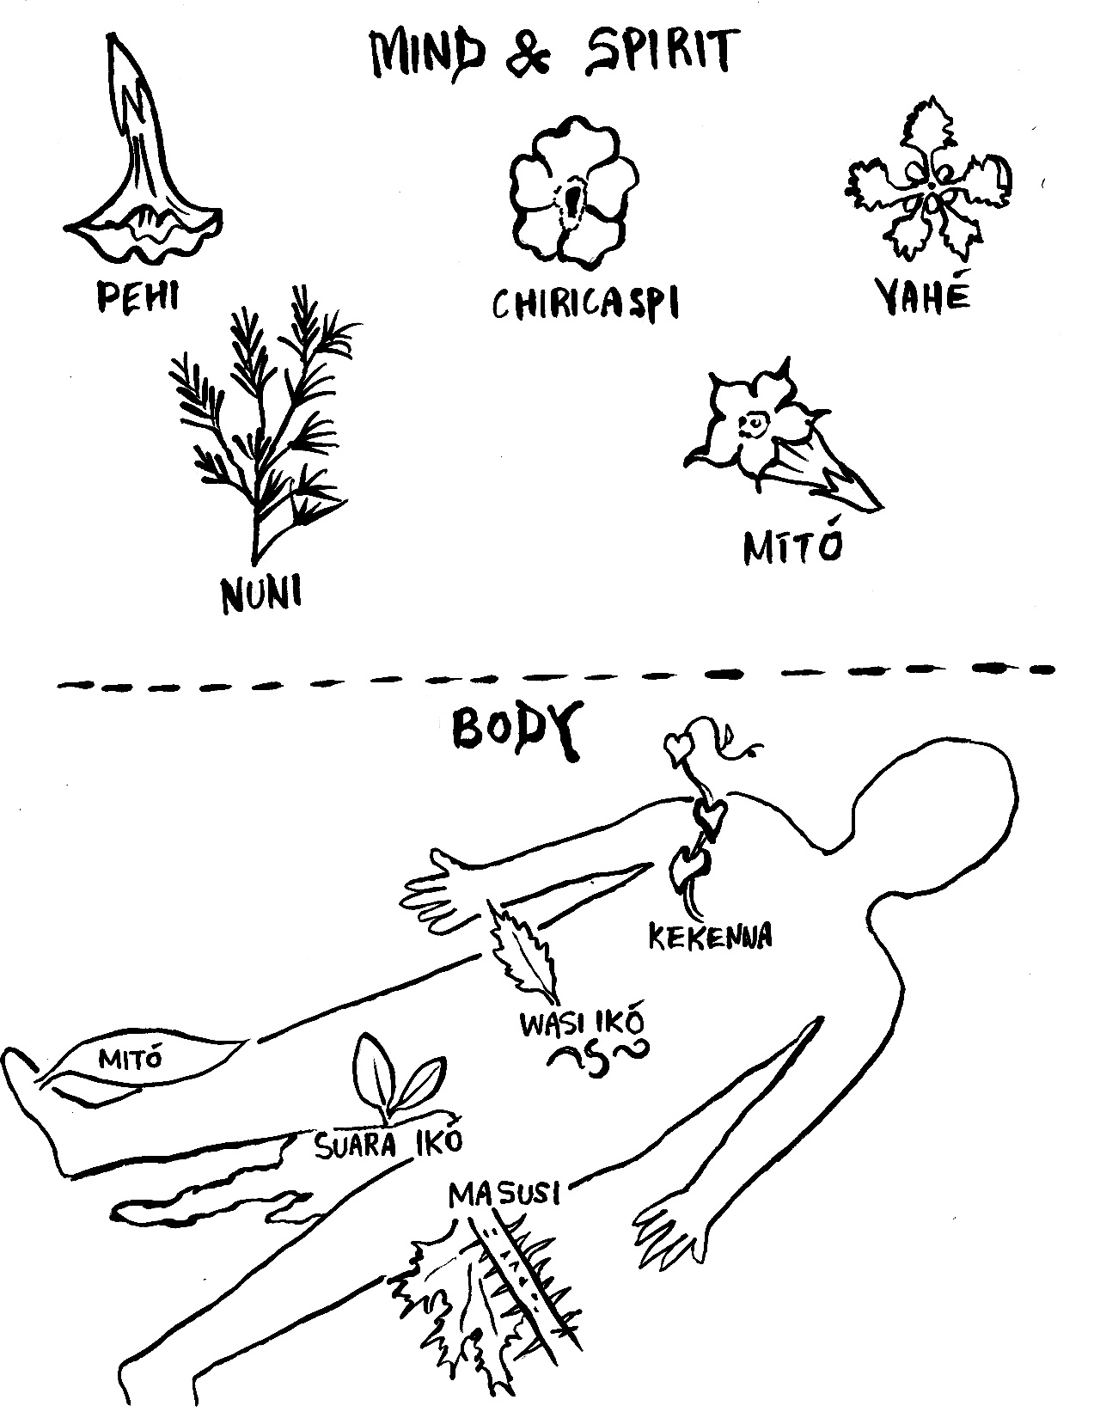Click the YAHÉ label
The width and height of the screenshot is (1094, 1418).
coord(923,295)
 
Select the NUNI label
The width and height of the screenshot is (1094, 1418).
coord(263,595)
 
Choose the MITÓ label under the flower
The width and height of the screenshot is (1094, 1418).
coord(791,546)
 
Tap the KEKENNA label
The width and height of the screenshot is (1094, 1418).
coord(710,936)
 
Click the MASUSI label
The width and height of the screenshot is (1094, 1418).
coord(504,1194)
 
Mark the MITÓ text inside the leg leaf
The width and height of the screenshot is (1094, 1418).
coord(131,1058)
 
